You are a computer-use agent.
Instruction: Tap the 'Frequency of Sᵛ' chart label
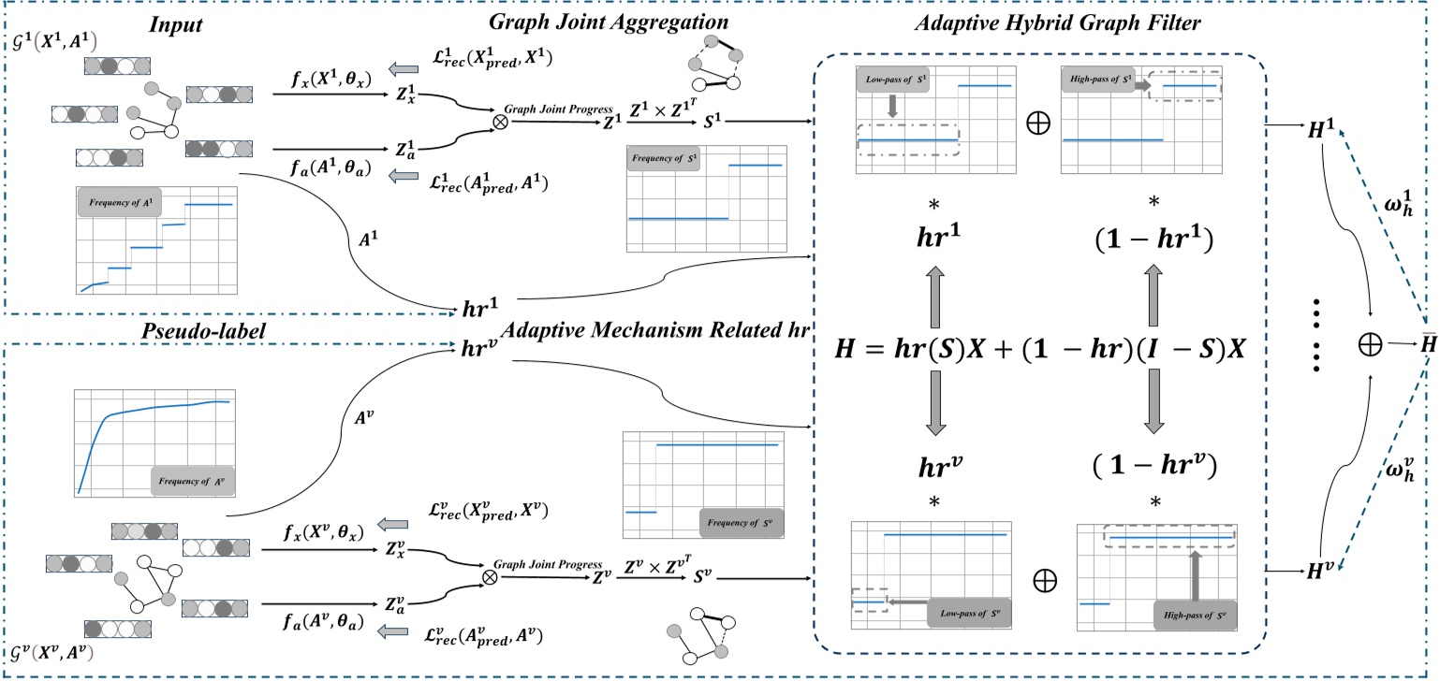(x=741, y=521)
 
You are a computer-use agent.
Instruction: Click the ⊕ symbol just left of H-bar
(x=1372, y=345)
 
